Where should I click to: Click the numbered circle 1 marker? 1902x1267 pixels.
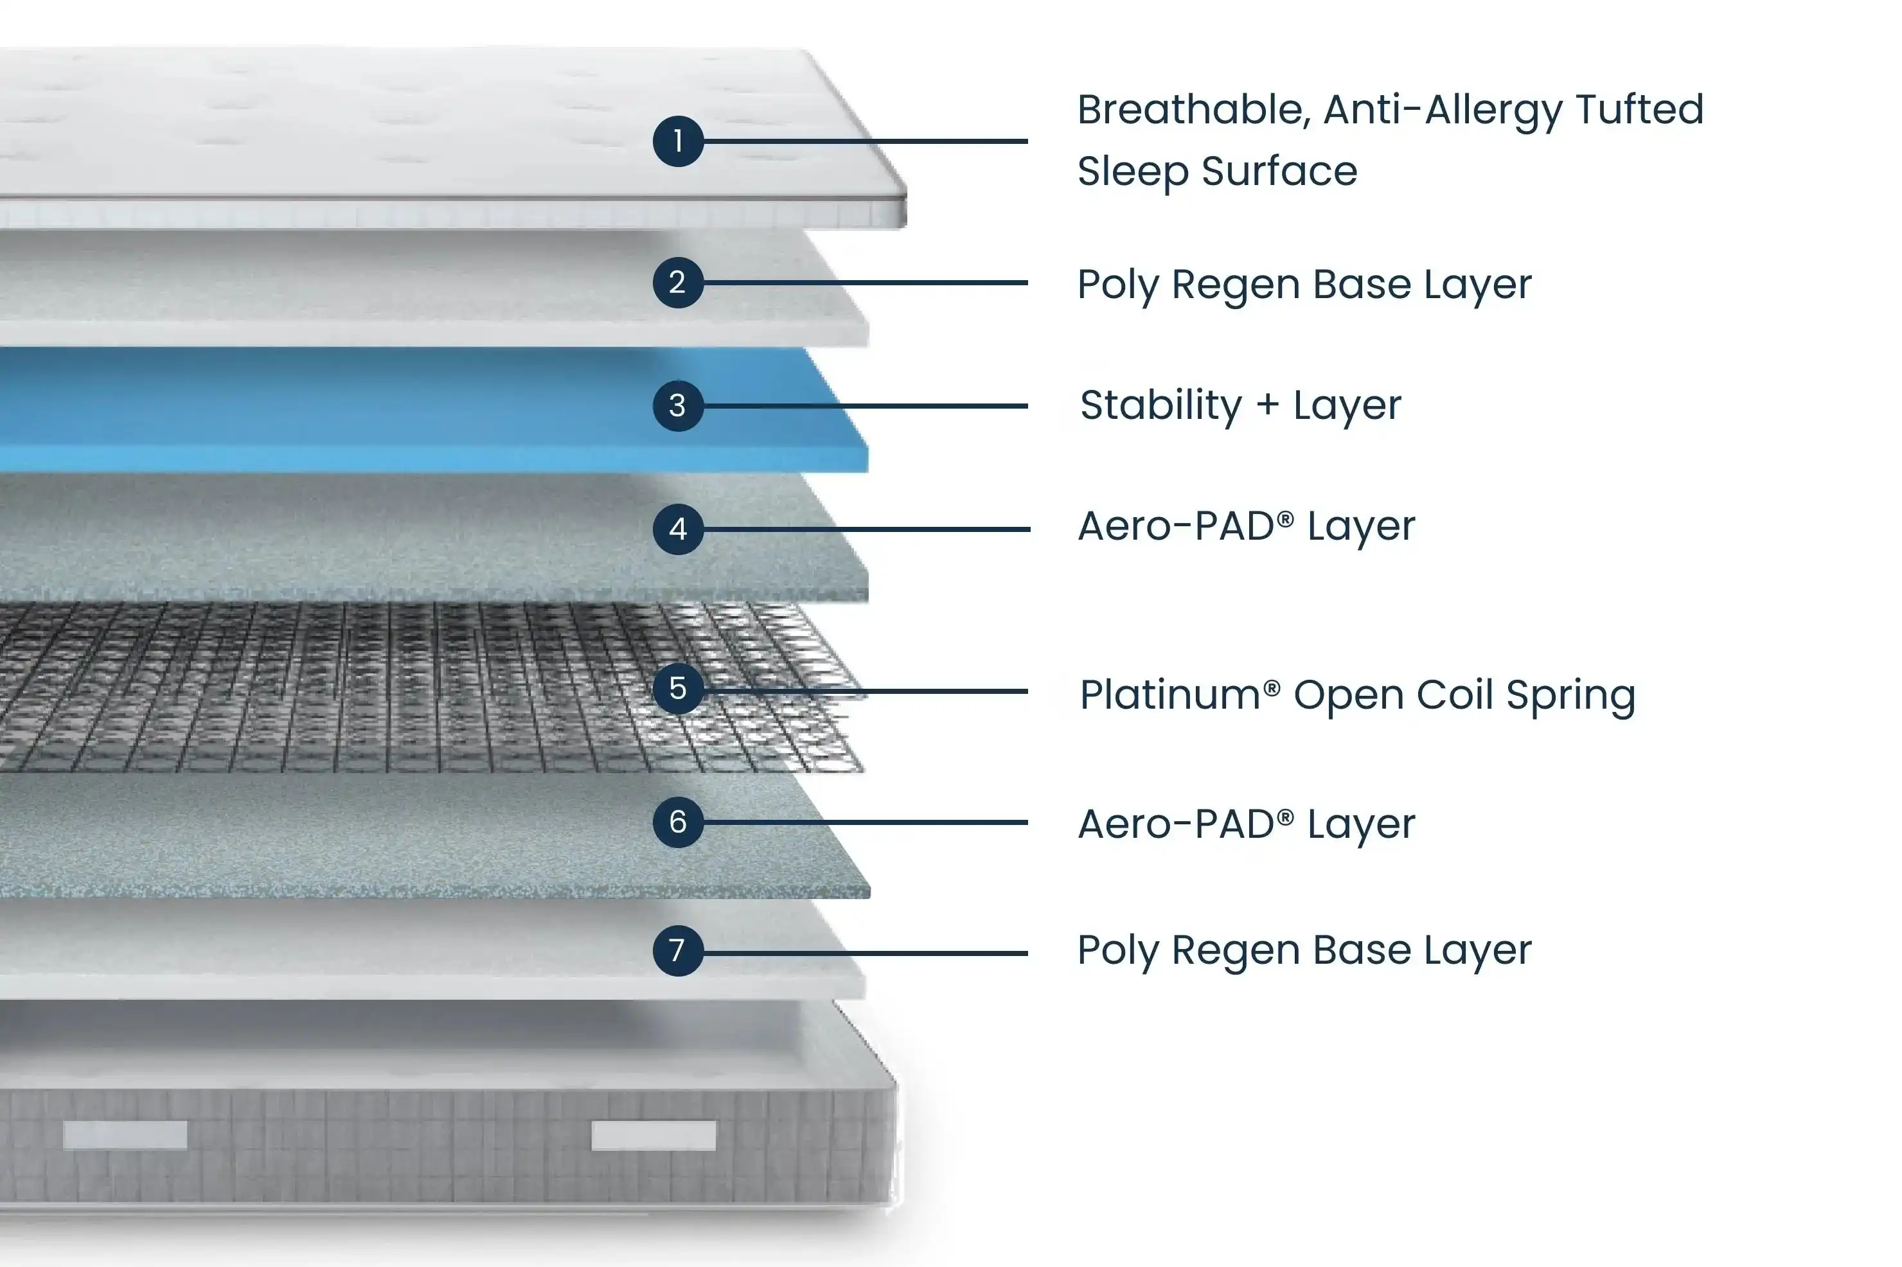click(x=678, y=141)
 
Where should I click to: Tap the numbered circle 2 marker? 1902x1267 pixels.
click(x=678, y=283)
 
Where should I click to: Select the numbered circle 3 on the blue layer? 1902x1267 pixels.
click(x=678, y=405)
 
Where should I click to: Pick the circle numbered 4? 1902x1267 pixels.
click(x=678, y=529)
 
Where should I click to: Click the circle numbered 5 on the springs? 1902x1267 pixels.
click(x=678, y=689)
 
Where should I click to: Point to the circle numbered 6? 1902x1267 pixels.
click(x=678, y=822)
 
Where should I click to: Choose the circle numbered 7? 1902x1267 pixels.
click(x=678, y=951)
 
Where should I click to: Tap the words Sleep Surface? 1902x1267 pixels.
click(x=1217, y=172)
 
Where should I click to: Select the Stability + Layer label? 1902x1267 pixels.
click(x=1240, y=405)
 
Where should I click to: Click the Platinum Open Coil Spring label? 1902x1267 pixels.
click(x=1357, y=696)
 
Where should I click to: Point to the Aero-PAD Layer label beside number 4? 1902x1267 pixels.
click(x=1246, y=527)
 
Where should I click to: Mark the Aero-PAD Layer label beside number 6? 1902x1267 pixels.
click(x=1246, y=825)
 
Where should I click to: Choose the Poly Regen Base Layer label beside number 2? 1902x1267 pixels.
click(x=1303, y=285)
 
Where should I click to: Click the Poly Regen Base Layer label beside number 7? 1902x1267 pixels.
click(x=1303, y=951)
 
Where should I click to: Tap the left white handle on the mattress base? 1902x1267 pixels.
click(x=125, y=1135)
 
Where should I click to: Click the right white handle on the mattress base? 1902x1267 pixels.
click(x=653, y=1135)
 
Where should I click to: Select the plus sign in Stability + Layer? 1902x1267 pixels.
click(x=1268, y=405)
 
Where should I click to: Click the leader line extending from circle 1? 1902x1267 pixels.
click(x=864, y=141)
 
